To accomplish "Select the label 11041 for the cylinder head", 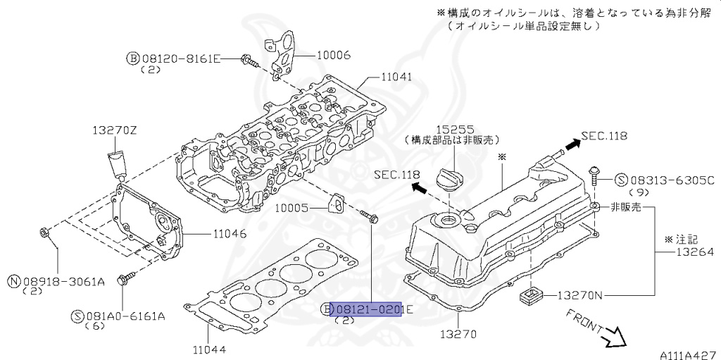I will (397, 77).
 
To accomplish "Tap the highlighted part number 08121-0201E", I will (365, 309).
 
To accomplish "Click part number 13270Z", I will (115, 130).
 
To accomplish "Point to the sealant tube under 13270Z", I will (117, 164).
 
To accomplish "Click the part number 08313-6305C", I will (671, 180).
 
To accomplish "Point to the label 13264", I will (695, 252).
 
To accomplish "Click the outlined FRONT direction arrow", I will (615, 338).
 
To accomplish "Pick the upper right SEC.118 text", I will (603, 136).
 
